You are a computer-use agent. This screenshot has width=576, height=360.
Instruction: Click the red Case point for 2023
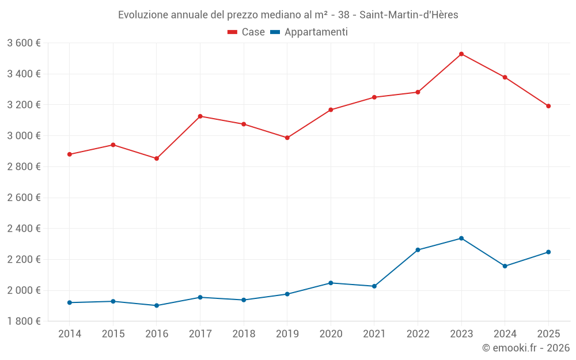click(x=461, y=54)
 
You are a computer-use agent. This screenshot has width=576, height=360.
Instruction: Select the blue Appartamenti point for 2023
click(x=461, y=238)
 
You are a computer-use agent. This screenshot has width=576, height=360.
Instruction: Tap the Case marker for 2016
click(x=157, y=158)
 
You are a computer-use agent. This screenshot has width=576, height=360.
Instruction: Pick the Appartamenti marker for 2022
click(x=418, y=250)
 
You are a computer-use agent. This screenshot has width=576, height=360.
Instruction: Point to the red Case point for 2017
click(x=200, y=116)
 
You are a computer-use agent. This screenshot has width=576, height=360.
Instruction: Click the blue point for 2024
click(x=505, y=266)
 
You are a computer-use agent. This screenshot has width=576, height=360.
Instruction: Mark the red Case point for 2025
click(x=548, y=106)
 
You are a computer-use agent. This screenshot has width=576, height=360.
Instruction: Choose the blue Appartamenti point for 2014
click(x=70, y=302)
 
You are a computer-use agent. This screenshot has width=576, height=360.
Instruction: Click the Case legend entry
click(x=247, y=32)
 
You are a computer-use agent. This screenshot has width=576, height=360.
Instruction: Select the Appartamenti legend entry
click(x=309, y=32)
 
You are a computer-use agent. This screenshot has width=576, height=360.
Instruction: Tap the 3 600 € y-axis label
click(x=24, y=43)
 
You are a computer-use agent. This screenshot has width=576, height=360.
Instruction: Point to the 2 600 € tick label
click(x=24, y=198)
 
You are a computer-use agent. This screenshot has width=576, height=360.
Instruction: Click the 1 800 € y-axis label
click(x=24, y=321)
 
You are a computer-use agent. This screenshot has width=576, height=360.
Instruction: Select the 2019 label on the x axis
click(x=287, y=334)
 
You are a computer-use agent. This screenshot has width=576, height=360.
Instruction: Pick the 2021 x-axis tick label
click(x=374, y=334)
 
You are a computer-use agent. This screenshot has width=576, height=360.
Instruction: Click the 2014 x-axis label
click(x=70, y=334)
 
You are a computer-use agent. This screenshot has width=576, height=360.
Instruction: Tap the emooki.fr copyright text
click(x=526, y=348)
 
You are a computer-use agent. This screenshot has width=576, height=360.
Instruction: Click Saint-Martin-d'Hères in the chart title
click(x=408, y=15)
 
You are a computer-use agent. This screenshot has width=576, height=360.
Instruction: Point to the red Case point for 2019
click(x=287, y=138)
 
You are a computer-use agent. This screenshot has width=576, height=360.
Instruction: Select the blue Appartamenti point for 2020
click(x=331, y=283)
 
